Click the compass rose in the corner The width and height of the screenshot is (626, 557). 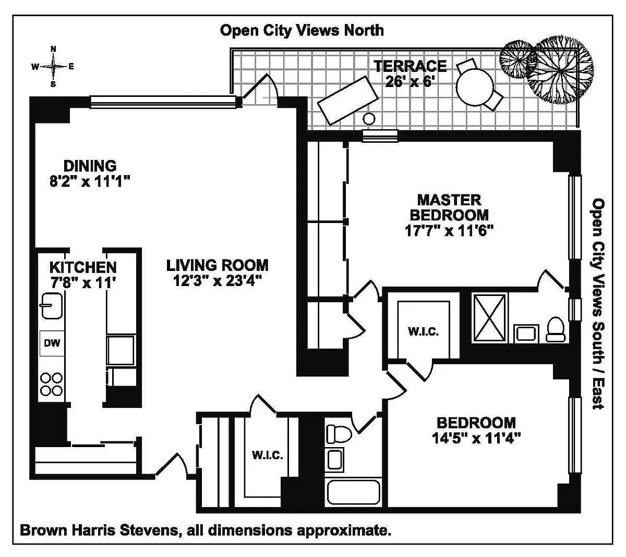pos(53,66)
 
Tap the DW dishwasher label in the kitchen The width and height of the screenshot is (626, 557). pos(52,343)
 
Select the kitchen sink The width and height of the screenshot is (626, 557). pos(52,305)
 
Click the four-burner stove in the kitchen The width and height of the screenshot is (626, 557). pos(52,384)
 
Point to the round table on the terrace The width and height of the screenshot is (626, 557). pos(475,86)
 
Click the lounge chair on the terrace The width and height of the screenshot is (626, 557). pos(348,101)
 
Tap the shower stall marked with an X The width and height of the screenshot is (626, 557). pos(489,318)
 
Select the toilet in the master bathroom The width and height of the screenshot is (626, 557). pos(556,329)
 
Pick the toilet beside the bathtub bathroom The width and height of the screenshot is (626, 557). pos(339,434)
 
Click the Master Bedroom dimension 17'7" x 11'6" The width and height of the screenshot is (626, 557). pos(449,230)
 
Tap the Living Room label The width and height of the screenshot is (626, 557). pos(217,265)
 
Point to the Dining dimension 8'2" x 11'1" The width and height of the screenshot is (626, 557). pos(90,181)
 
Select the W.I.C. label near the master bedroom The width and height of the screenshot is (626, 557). pos(423,331)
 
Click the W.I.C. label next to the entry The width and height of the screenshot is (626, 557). pos(268,455)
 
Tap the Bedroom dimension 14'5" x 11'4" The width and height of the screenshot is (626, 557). pos(476,438)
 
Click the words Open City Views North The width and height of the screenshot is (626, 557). pos(302,31)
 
